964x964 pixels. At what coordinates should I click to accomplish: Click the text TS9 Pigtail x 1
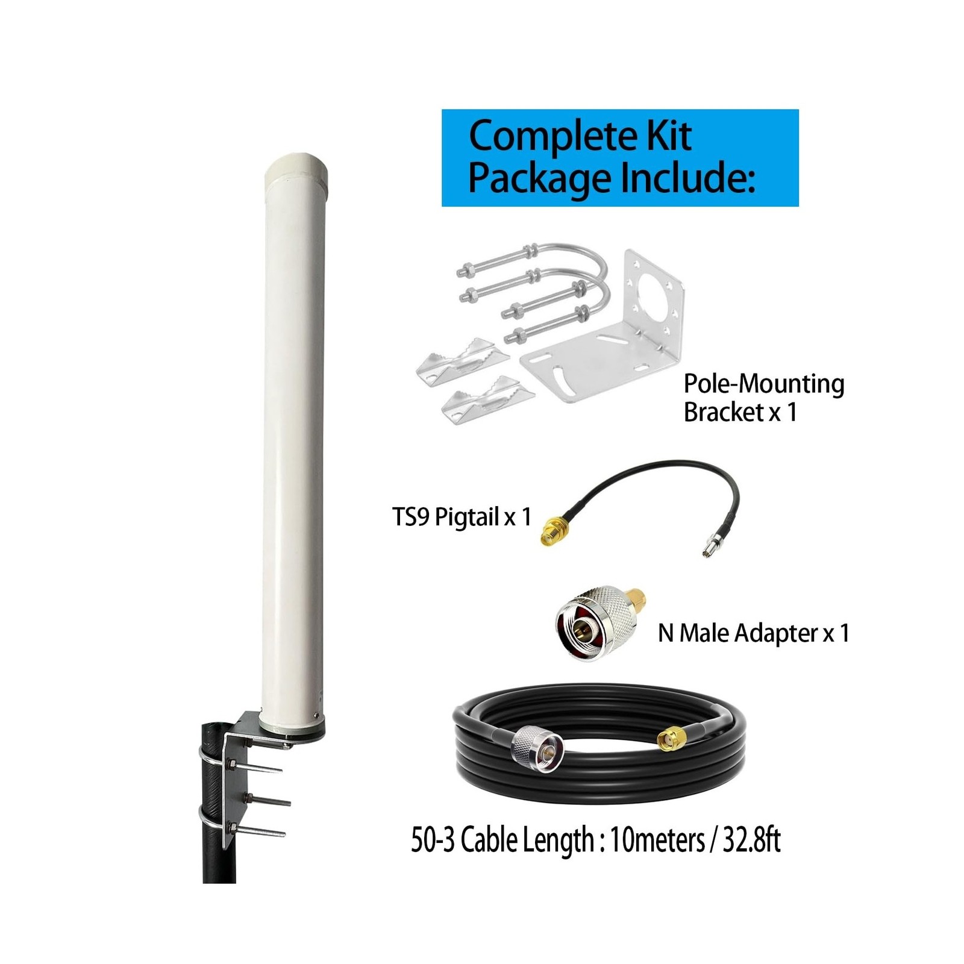(x=462, y=516)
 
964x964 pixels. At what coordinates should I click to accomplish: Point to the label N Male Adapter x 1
(x=753, y=633)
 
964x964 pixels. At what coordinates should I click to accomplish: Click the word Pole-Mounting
(x=763, y=384)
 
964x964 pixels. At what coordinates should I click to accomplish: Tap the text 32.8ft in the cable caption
(x=751, y=839)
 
